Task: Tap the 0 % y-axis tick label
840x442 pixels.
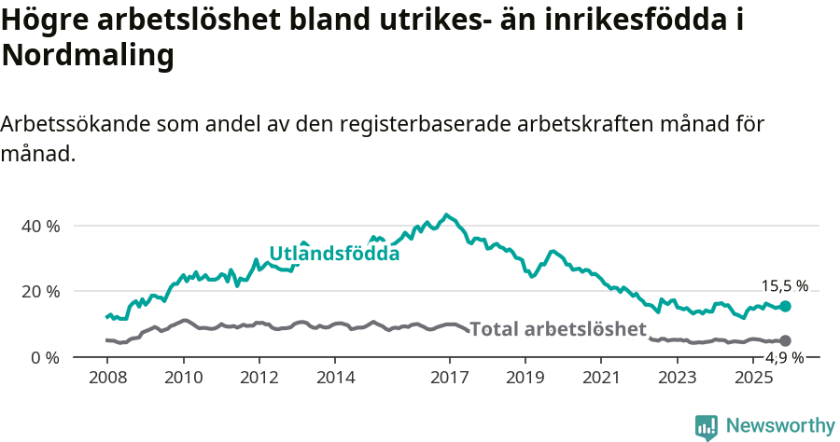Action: [46, 357]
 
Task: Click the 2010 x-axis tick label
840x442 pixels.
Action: [183, 378]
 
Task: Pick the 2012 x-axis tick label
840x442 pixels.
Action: [259, 378]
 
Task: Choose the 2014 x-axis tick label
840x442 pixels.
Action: [335, 378]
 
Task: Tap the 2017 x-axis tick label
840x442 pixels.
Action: [449, 378]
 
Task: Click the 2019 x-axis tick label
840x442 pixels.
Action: [525, 378]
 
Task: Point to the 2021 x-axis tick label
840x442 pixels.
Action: [601, 378]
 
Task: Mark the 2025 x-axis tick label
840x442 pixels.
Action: [753, 378]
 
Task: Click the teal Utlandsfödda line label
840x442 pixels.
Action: [334, 254]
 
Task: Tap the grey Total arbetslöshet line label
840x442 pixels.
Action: [558, 329]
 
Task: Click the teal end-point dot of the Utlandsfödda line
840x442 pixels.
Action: [786, 306]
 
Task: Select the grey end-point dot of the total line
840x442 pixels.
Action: [786, 341]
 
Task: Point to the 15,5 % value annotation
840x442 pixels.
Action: [785, 286]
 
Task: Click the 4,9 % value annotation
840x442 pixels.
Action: [785, 358]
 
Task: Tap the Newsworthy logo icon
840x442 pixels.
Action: [707, 426]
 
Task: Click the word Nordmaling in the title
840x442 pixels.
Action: [89, 56]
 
